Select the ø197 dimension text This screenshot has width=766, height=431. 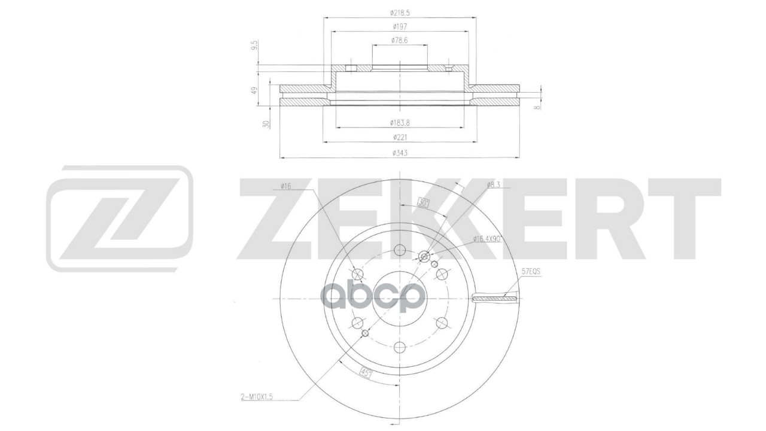pyautogui.click(x=399, y=26)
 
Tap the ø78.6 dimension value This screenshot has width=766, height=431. pyautogui.click(x=399, y=40)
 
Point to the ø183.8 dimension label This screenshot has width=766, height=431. pyautogui.click(x=399, y=123)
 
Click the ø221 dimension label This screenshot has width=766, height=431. pyautogui.click(x=399, y=138)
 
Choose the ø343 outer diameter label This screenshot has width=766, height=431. pyautogui.click(x=399, y=153)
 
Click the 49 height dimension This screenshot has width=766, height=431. pyautogui.click(x=254, y=90)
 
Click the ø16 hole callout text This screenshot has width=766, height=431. pyautogui.click(x=285, y=187)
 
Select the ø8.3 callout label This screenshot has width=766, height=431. pyautogui.click(x=494, y=184)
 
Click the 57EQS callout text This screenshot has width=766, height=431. pyautogui.click(x=531, y=271)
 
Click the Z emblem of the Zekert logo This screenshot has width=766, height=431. pyautogui.click(x=120, y=218)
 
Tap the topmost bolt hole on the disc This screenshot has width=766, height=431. pyautogui.click(x=400, y=251)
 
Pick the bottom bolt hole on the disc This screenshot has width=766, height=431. pyautogui.click(x=400, y=346)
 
